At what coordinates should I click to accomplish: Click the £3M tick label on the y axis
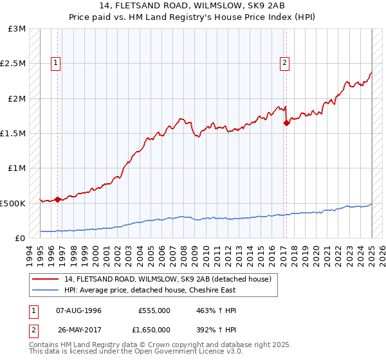[x=17, y=29]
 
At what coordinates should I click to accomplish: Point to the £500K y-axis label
[x=13, y=203]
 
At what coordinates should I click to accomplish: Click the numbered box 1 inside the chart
[x=57, y=63]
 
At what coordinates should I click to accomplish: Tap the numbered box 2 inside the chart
[x=284, y=63]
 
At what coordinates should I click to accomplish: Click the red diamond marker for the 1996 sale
[x=58, y=199]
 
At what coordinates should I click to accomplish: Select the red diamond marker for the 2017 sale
[x=286, y=123]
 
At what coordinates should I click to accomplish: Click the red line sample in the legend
[x=46, y=279]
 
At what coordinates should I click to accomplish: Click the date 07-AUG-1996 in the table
[x=79, y=310]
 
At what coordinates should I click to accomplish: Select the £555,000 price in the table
[x=154, y=310]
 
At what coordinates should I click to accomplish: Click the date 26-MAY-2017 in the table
[x=79, y=329]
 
